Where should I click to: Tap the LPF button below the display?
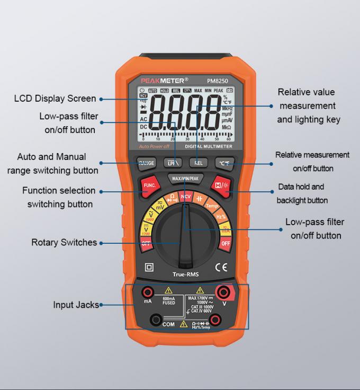click(172, 163)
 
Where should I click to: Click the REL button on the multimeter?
click(199, 163)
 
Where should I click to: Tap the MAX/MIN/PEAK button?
click(185, 179)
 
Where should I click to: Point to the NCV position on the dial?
click(185, 197)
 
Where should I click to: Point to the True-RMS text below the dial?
click(185, 274)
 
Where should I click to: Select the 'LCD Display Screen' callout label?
click(55, 99)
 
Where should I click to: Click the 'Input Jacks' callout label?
click(76, 305)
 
